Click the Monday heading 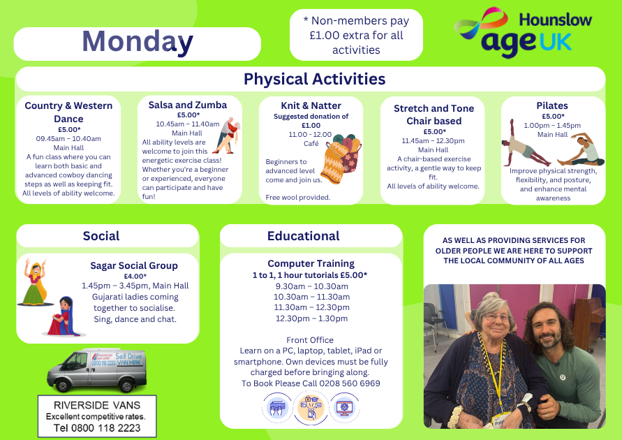(138, 42)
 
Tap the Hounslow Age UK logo (523, 32)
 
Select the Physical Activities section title (314, 79)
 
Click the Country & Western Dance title (68, 112)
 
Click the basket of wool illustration (342, 158)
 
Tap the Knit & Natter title (311, 105)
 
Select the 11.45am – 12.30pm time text (434, 141)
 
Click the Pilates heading (552, 105)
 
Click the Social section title (101, 236)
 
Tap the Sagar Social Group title (134, 265)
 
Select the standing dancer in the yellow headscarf (35, 282)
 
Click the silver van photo (97, 369)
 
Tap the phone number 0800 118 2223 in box (105, 428)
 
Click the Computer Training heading (311, 263)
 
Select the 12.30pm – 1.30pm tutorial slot (312, 318)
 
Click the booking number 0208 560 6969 (350, 383)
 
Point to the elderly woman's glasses (495, 317)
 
